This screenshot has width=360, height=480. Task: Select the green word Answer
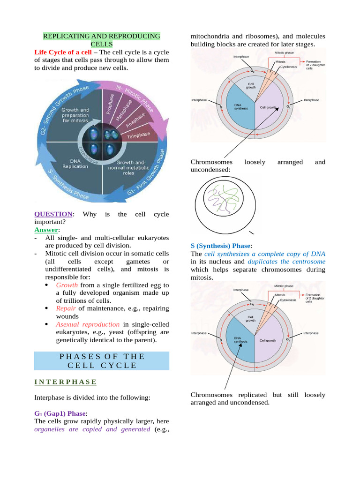click(46, 230)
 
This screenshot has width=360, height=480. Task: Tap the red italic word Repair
click(66, 308)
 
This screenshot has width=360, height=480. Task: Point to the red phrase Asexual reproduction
click(88, 324)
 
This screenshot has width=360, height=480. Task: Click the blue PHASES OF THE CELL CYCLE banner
click(102, 360)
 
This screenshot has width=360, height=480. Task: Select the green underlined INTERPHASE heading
click(66, 382)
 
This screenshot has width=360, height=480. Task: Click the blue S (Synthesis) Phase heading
click(221, 246)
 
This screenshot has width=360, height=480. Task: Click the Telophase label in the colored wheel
click(138, 135)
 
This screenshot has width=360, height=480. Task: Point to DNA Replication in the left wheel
click(75, 164)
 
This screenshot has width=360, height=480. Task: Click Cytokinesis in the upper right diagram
click(288, 67)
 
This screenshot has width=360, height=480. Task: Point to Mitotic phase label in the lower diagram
click(284, 285)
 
